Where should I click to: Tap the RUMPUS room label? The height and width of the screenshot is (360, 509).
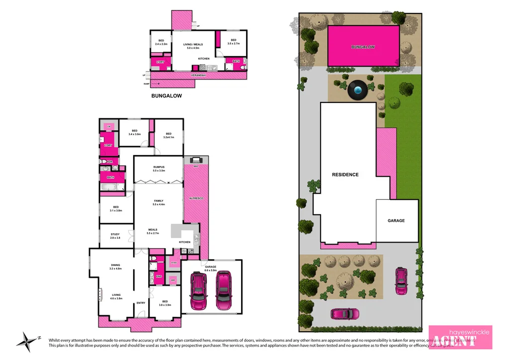159,167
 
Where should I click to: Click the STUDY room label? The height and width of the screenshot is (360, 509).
115,234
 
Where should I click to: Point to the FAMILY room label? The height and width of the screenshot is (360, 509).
159,201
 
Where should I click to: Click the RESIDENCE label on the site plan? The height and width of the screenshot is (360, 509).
345,175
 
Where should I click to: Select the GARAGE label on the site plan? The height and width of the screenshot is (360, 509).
396,220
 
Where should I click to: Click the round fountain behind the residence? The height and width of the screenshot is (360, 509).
357,90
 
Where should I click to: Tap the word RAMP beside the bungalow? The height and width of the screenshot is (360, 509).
147,84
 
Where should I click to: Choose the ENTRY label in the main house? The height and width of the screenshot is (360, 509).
141,303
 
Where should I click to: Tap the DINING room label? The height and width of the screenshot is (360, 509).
115,265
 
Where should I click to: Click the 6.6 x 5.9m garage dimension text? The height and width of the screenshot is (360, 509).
210,270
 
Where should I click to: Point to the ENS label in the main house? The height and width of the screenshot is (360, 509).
159,276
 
